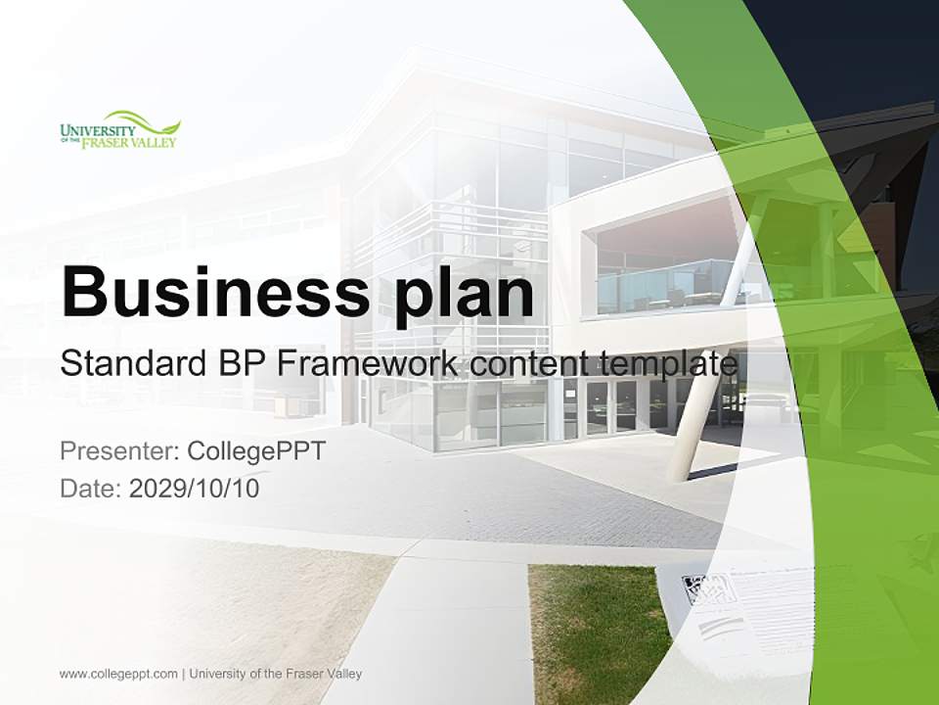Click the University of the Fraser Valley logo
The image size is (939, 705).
(x=119, y=130)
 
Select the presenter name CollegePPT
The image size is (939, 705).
(x=255, y=451)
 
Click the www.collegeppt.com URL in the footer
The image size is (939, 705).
(x=118, y=674)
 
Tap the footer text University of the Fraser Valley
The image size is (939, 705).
(x=276, y=674)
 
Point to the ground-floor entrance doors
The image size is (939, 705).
(x=610, y=406)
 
